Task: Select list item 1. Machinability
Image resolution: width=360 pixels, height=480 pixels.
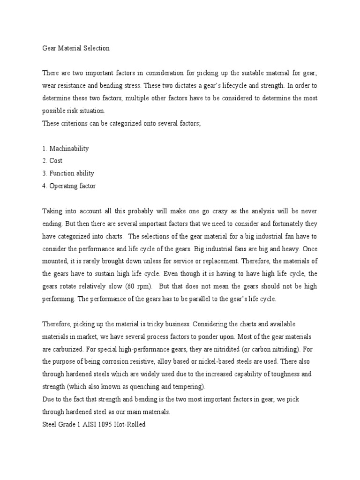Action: tap(65, 149)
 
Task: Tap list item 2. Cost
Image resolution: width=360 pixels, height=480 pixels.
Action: tap(52, 161)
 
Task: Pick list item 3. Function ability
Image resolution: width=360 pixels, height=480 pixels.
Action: tap(68, 173)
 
